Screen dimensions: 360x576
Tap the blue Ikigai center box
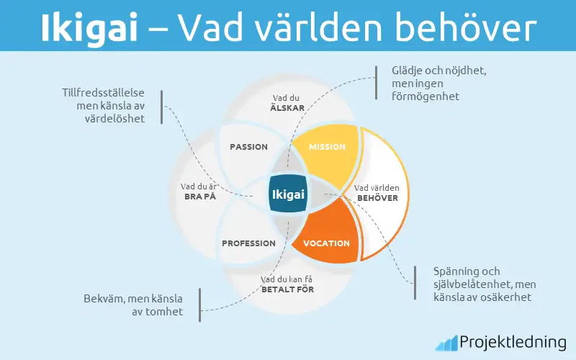click(x=288, y=194)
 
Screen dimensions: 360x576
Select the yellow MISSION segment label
click(x=327, y=147)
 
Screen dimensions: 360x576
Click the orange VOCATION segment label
click(x=325, y=243)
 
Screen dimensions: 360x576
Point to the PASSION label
click(x=248, y=147)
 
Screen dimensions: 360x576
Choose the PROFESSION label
click(x=248, y=243)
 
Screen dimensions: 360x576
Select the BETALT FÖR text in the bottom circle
click(x=287, y=289)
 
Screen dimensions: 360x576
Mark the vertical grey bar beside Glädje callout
click(x=377, y=83)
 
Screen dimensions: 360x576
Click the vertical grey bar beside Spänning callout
click(x=415, y=284)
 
